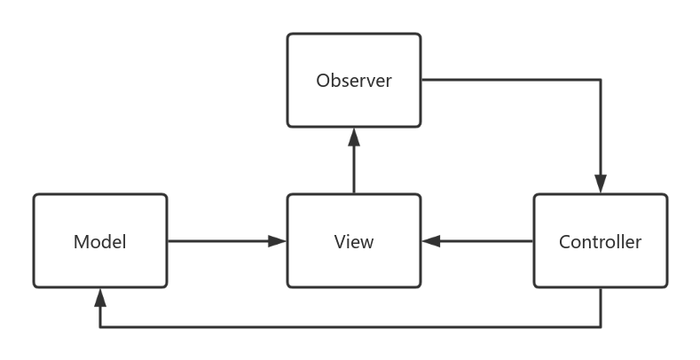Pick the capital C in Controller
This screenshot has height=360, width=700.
point(565,242)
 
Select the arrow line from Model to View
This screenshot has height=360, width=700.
point(217,240)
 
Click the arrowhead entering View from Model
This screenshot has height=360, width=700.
point(278,240)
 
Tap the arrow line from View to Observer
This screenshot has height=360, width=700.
point(353,168)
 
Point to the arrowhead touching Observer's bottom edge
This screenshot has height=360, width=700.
point(353,137)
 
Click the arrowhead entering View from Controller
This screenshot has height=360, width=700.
point(431,240)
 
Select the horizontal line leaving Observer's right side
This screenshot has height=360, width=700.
point(510,80)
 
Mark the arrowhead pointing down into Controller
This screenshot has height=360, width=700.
point(601,184)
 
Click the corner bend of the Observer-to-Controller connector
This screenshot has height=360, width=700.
point(601,80)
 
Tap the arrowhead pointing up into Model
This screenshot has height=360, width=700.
point(100,297)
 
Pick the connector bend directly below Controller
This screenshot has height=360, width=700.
point(601,327)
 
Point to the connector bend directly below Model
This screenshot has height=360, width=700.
point(100,327)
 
